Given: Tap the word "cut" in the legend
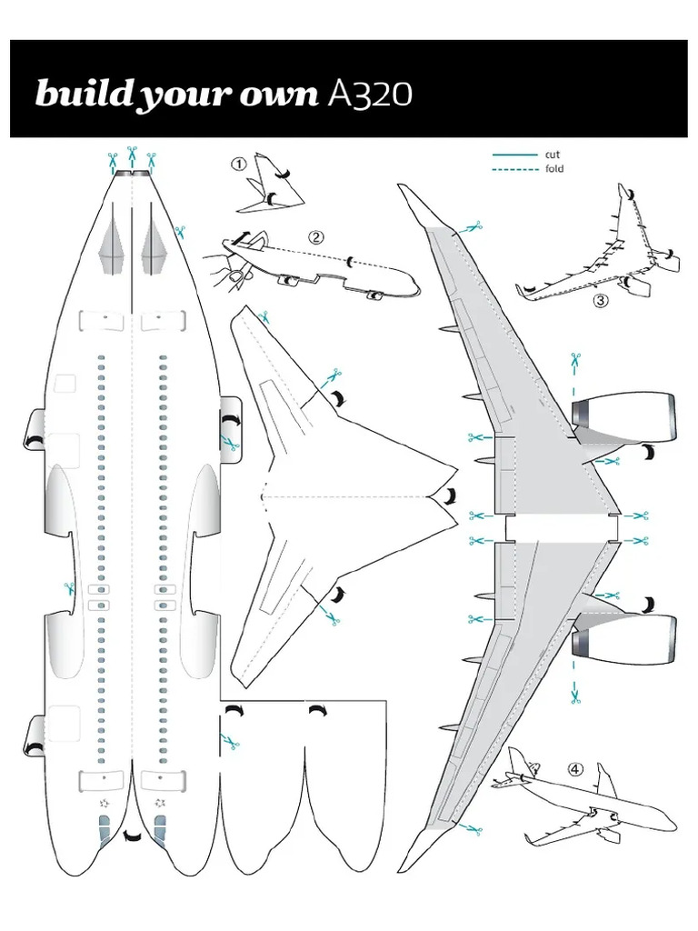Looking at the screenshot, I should (553, 155).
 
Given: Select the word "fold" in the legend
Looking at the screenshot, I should (554, 169).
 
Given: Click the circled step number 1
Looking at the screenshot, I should (239, 165).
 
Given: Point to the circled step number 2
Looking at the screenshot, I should (315, 237).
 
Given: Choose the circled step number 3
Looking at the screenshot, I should (600, 303).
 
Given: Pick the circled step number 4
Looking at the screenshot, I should (574, 768).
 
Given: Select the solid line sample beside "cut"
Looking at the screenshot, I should (514, 155).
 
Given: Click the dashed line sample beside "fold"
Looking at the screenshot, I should (514, 169).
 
